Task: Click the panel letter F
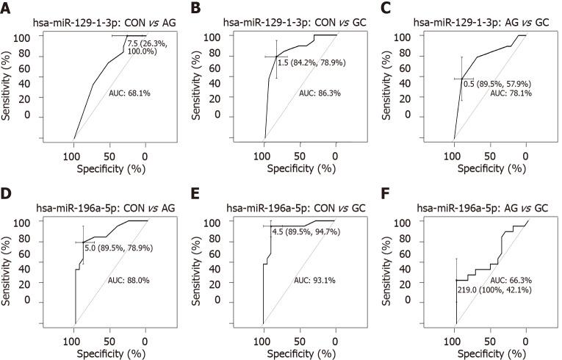tap(387, 195)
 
